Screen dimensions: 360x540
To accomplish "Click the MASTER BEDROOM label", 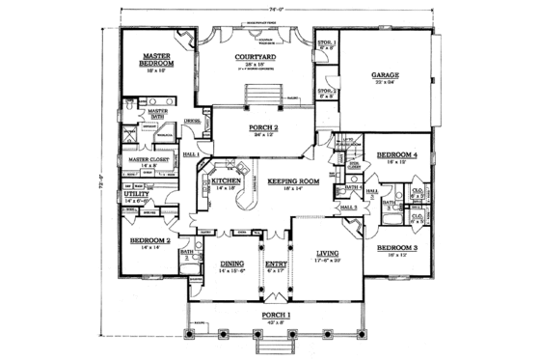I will coord(157,62).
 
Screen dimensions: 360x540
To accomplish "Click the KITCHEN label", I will coord(227,180).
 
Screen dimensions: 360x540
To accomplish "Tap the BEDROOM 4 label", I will coord(396,155).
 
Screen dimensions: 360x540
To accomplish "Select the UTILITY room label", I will coord(135,194).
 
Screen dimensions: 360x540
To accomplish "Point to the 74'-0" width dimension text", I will coord(271,8).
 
